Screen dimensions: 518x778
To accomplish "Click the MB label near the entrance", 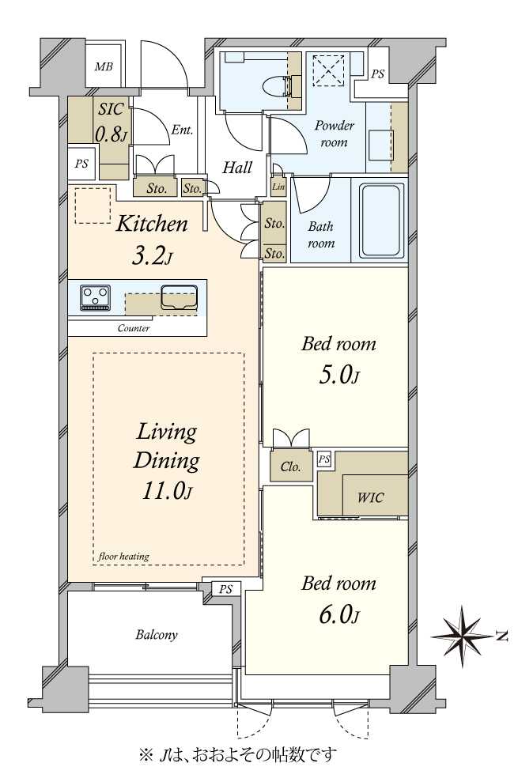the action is point(104,66).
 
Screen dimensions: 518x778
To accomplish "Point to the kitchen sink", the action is point(179,298).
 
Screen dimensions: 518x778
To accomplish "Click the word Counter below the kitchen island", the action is point(134,328).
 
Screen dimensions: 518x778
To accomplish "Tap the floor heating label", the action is point(123,556).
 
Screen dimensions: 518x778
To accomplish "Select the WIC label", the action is point(371,497).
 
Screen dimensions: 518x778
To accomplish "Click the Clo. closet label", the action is point(290,466).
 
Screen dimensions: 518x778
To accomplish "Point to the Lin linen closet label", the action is point(278,187).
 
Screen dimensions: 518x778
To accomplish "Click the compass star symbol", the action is point(463,636).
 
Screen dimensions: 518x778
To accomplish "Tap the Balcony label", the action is point(157,635).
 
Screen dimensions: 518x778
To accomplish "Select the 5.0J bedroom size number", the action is point(339,375).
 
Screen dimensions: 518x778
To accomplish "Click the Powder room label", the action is point(334,134).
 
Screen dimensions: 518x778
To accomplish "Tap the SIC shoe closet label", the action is point(110,109).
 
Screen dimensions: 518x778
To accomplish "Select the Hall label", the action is point(237,167).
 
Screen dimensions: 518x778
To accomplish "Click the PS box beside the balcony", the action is point(225,590).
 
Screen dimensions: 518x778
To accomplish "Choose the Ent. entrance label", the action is point(182,130).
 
